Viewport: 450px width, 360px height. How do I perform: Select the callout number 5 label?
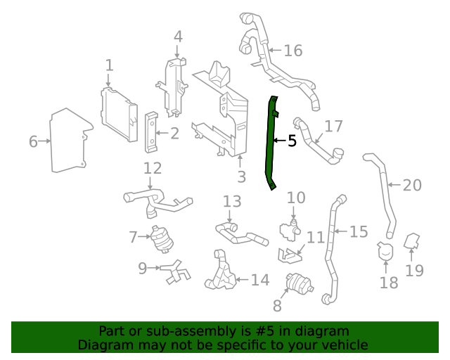(292, 141)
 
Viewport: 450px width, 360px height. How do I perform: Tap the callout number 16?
(293, 51)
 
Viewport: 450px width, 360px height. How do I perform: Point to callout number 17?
(333, 127)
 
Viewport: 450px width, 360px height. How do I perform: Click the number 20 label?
(412, 186)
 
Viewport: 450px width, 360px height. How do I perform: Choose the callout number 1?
(109, 66)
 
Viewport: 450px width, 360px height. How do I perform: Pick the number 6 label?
(33, 142)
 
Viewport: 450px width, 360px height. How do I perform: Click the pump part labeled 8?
(298, 285)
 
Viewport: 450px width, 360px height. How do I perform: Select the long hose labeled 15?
(331, 246)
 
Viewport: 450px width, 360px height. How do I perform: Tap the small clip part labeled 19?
(413, 243)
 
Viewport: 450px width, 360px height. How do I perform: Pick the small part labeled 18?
(385, 251)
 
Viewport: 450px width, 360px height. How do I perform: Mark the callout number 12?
(153, 169)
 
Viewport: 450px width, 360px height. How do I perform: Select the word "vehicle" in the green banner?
(343, 345)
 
